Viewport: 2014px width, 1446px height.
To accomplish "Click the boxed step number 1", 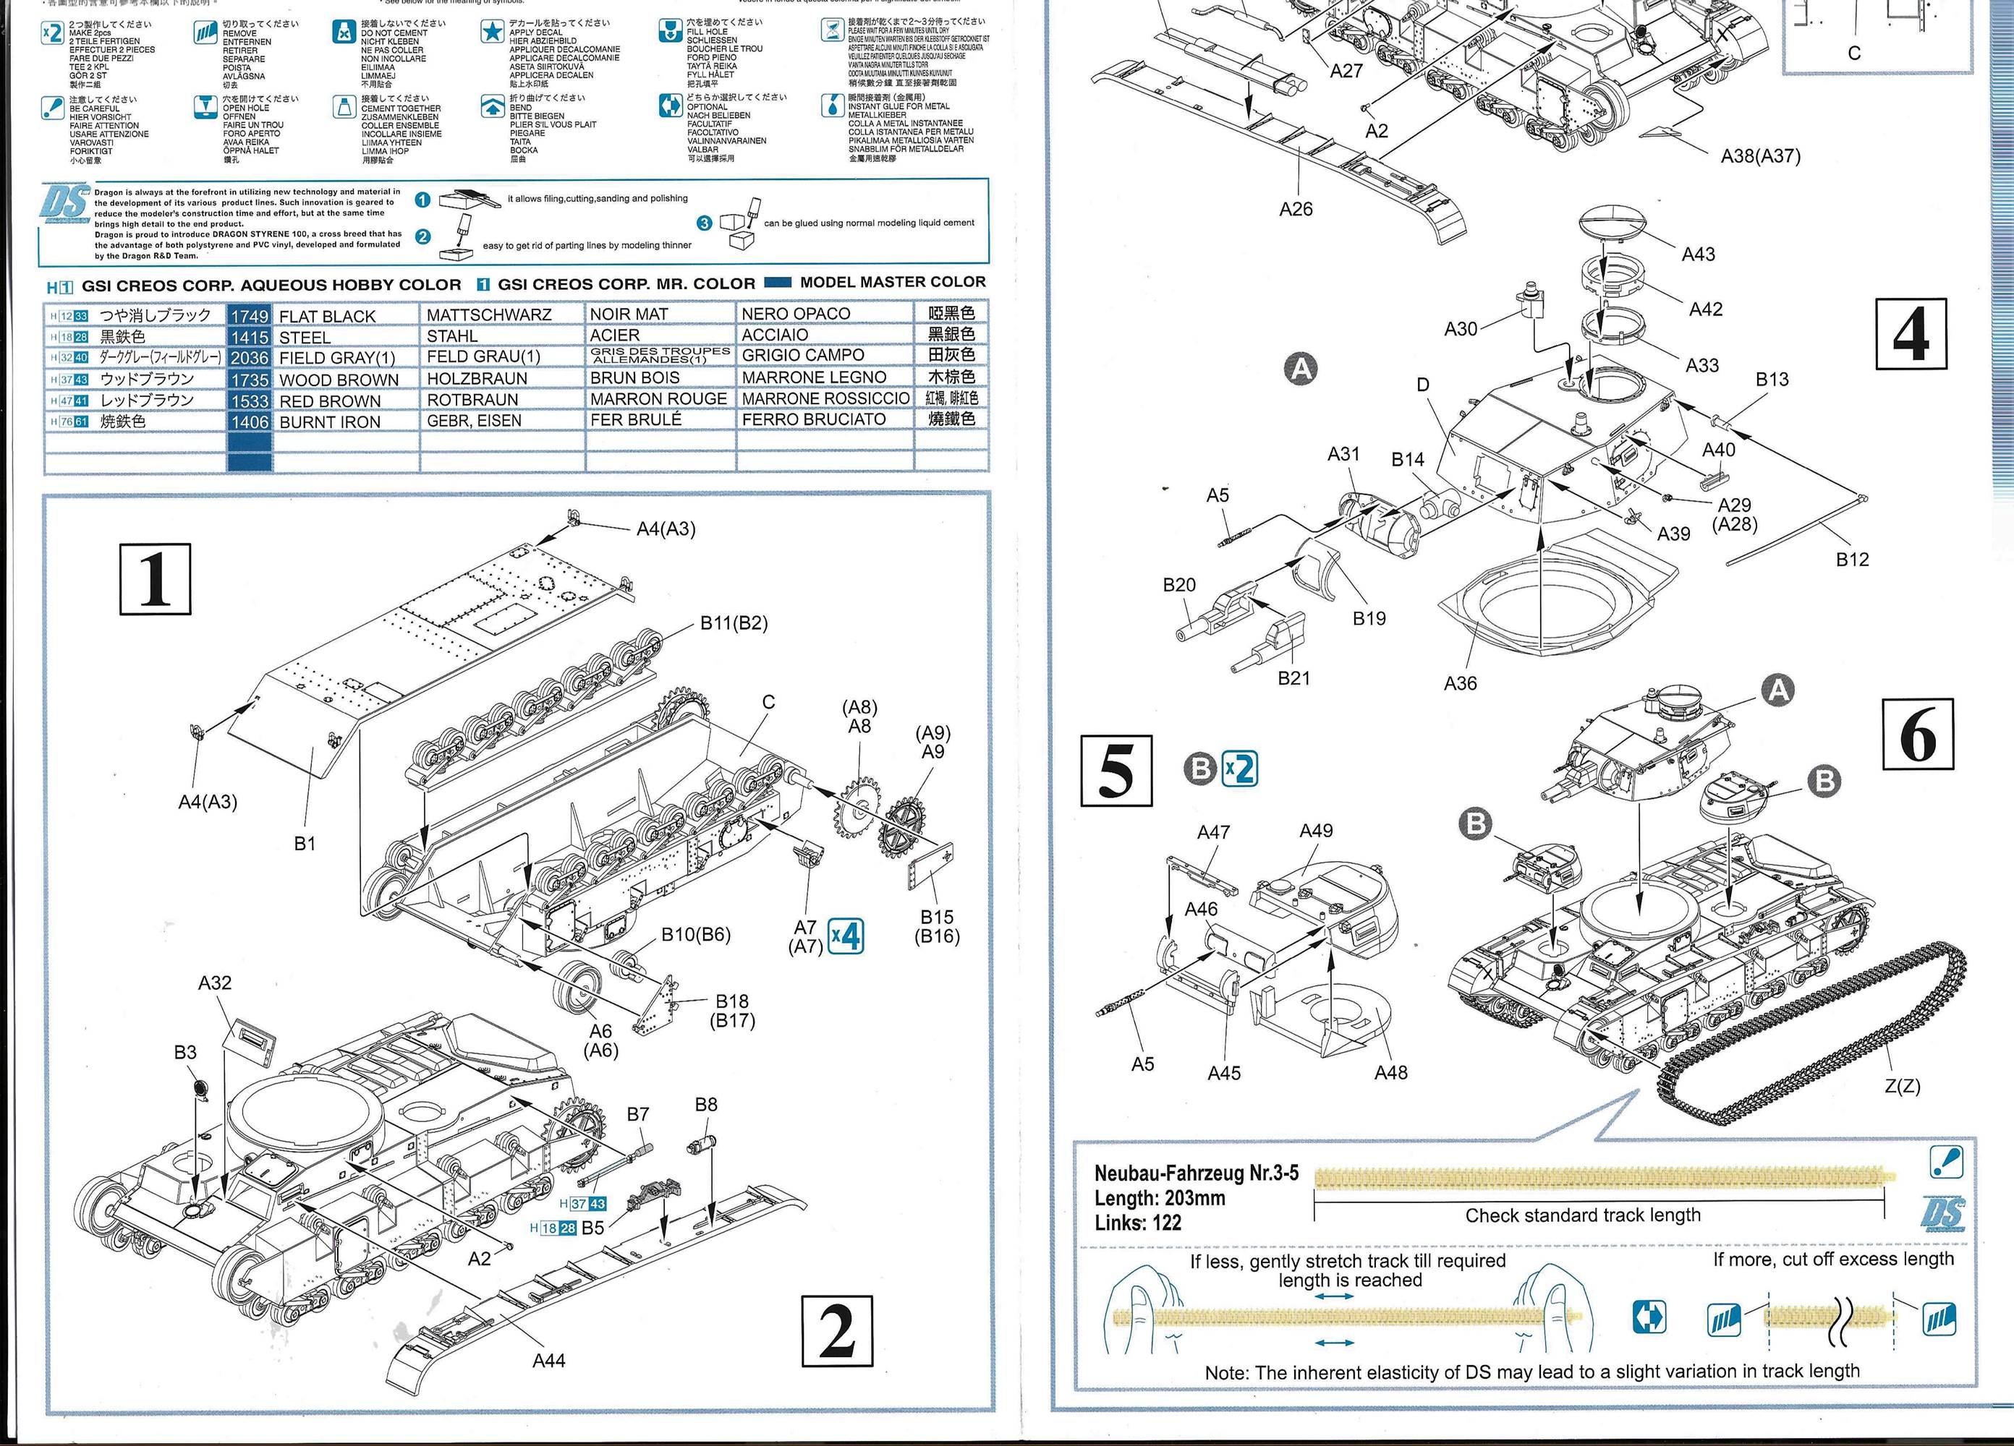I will pos(156,578).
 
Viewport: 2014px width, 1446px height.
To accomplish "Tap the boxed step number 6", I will pos(1917,734).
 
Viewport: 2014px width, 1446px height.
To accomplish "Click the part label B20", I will pos(1178,585).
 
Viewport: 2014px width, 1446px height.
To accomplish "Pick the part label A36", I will pos(1460,683).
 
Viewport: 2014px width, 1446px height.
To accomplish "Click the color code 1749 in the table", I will pos(249,316).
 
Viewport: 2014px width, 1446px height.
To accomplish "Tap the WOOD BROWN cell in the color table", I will pos(339,380).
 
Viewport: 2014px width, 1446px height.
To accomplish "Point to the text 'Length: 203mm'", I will pos(1159,1197).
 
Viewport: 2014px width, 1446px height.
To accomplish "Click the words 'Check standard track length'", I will pos(1582,1215).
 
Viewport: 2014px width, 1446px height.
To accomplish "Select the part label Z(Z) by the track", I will pos(1901,1086).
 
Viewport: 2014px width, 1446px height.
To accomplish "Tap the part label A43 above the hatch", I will pos(1698,254).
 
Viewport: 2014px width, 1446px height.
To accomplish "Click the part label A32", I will pos(214,983).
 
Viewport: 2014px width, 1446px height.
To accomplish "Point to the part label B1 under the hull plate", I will pos(305,843).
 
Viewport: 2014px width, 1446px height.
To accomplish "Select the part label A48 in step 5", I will pos(1390,1072).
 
